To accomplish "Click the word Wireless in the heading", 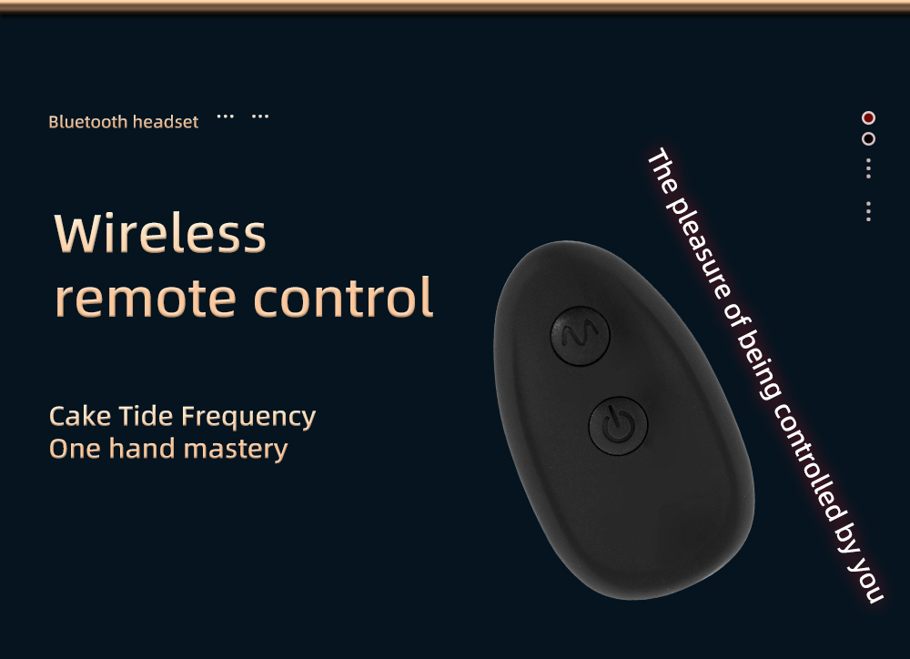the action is point(160,233).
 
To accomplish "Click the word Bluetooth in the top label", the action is point(87,122).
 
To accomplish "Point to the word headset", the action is point(166,122).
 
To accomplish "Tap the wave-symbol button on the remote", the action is point(580,336).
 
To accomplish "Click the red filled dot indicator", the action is point(868,117).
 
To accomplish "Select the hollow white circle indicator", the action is point(868,138).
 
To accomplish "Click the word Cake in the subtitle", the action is point(82,416).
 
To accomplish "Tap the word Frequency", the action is point(248,419).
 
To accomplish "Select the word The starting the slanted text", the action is point(662,170).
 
